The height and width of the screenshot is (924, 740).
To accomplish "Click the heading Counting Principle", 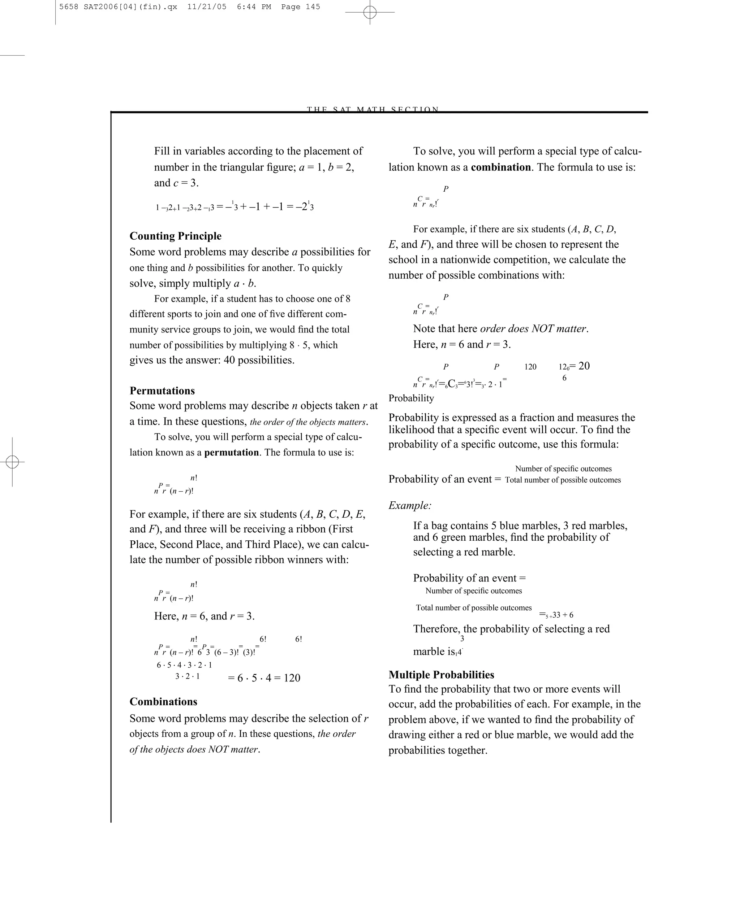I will click(176, 236).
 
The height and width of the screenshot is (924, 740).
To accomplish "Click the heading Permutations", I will click(162, 391).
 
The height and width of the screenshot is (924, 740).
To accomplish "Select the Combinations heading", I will click(163, 702).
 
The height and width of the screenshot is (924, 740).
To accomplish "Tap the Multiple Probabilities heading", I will click(441, 675).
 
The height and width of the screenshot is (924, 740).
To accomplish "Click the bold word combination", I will click(501, 167).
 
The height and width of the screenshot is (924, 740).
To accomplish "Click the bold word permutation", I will click(231, 453).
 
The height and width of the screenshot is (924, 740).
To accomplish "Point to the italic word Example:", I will click(410, 505).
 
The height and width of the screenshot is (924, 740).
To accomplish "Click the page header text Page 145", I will click(300, 7).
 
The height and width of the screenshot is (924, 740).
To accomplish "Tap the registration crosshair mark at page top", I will click(370, 12).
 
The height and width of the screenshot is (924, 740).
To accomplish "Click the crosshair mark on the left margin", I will click(12, 462).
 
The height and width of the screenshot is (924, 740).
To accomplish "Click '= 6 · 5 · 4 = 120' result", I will click(264, 677).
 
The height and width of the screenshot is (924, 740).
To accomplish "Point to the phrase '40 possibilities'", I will click(259, 360).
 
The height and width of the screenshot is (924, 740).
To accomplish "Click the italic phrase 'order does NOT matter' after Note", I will click(533, 329).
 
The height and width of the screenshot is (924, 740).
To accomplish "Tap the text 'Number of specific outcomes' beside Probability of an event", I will click(563, 468).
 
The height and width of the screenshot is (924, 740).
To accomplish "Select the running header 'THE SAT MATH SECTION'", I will click(373, 109).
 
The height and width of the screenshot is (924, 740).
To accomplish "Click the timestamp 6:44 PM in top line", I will click(254, 7).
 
